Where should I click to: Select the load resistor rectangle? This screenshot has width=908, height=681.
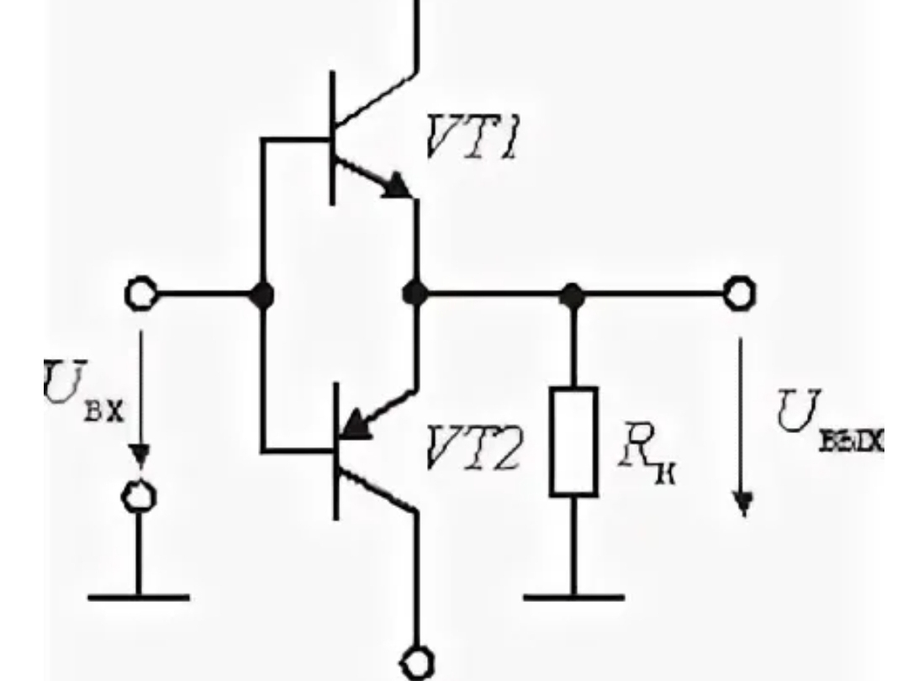(573, 441)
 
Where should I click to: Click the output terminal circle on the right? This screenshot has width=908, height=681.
(741, 294)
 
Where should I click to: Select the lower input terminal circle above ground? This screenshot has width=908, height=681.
(139, 496)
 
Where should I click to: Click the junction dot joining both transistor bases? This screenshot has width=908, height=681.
(263, 294)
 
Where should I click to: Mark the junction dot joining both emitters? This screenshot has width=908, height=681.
(415, 294)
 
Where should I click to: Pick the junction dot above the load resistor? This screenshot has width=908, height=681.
(573, 294)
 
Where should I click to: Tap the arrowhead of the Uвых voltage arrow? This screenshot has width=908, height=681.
(742, 503)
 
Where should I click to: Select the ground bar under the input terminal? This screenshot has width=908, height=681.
(139, 598)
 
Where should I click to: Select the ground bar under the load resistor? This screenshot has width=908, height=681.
(573, 598)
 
